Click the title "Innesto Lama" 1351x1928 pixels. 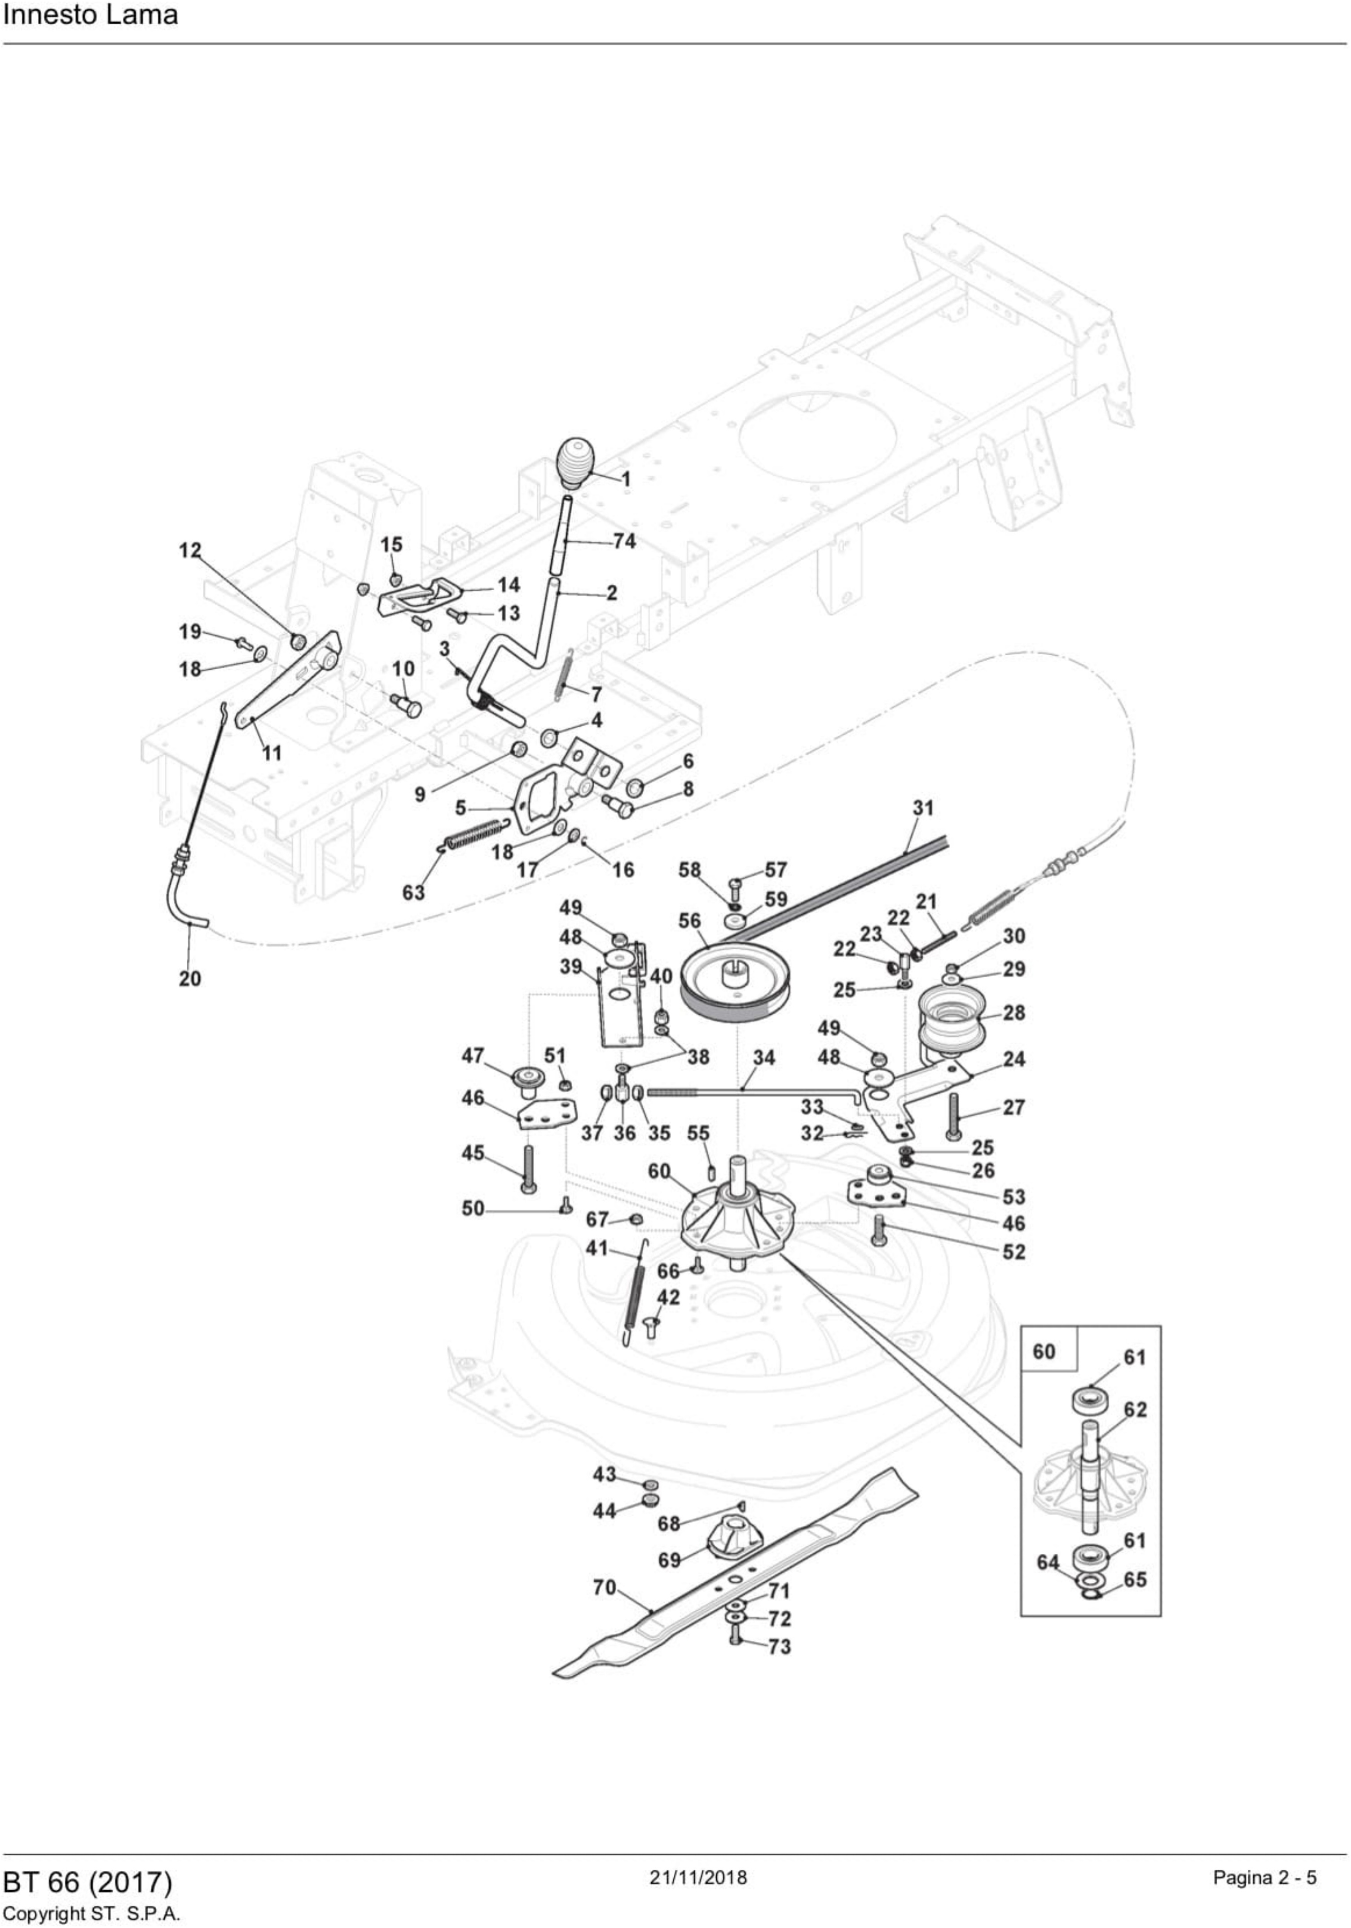[x=91, y=15]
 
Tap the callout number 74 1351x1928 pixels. [x=624, y=542]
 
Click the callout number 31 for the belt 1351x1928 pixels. [x=923, y=808]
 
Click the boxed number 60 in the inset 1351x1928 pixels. [x=1044, y=1351]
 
